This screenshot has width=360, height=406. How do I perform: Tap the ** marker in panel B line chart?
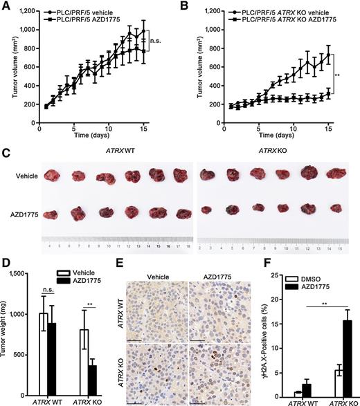[336, 71]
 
